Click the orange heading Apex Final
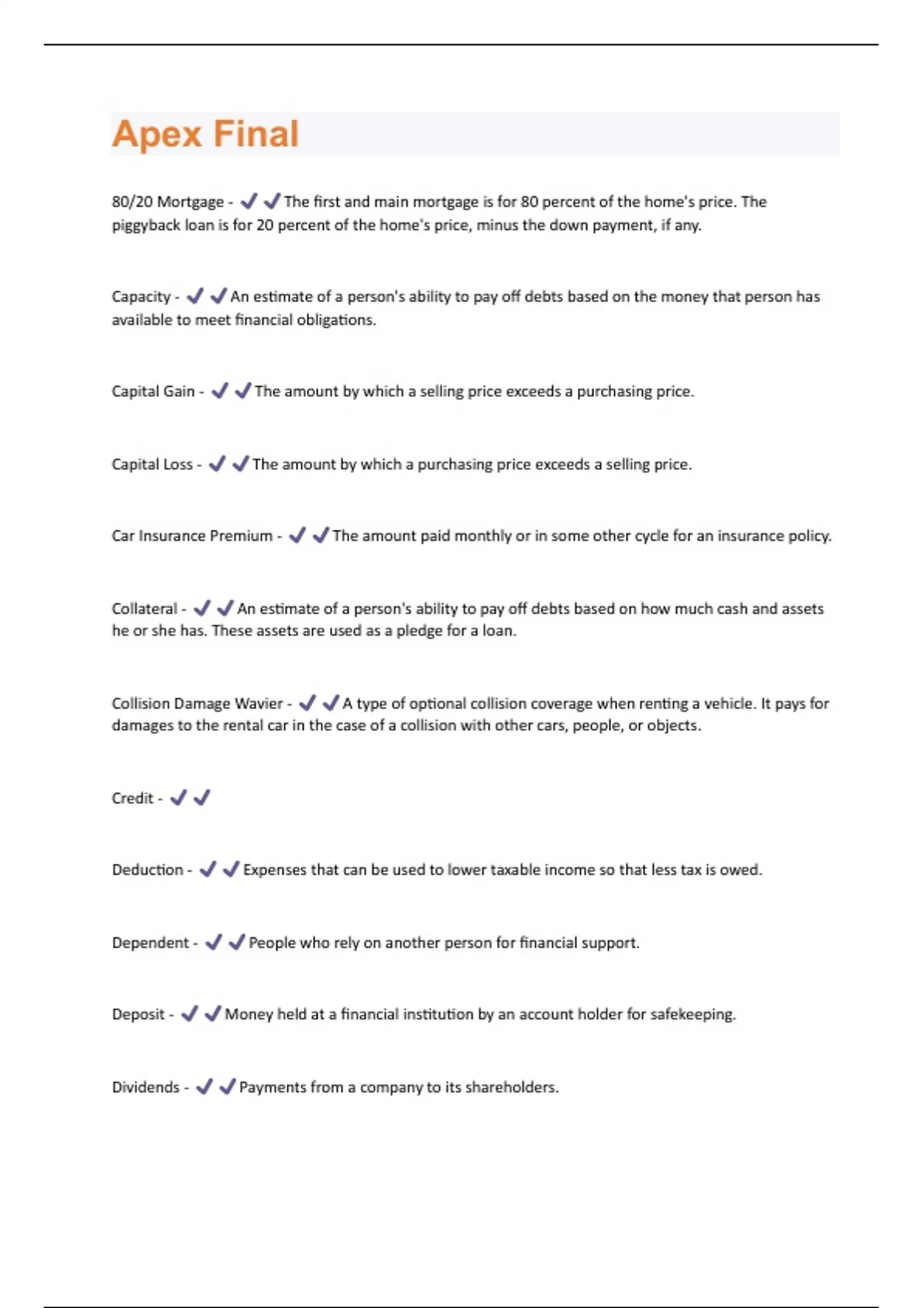pyautogui.click(x=205, y=134)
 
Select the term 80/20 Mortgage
pyautogui.click(x=167, y=202)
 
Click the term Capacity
pyautogui.click(x=141, y=296)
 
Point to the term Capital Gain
pyautogui.click(x=153, y=391)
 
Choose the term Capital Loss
pyautogui.click(x=152, y=464)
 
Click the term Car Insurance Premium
pyautogui.click(x=192, y=536)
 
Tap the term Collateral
pyautogui.click(x=144, y=609)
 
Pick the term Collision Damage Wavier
pyautogui.click(x=197, y=703)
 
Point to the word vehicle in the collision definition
pyautogui.click(x=730, y=703)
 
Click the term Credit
pyautogui.click(x=132, y=798)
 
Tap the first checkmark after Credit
pyautogui.click(x=178, y=798)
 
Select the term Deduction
pyautogui.click(x=147, y=869)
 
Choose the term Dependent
pyautogui.click(x=150, y=943)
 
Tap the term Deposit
pyautogui.click(x=138, y=1014)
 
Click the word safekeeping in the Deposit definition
pyautogui.click(x=692, y=1014)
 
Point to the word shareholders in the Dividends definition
pyautogui.click(x=511, y=1087)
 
